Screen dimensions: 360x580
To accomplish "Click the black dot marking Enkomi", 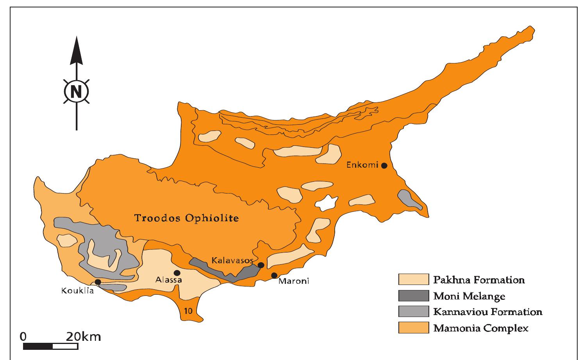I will [x=384, y=165].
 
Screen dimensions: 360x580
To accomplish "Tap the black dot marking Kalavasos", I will [x=261, y=265].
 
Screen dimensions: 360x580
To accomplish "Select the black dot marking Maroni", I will [x=274, y=276].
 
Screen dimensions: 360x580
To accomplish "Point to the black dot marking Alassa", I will [x=177, y=273].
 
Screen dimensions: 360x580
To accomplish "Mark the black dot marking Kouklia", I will [x=98, y=282].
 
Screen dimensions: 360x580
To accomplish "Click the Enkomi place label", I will [x=362, y=165].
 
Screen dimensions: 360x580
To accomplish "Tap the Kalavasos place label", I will [x=232, y=260].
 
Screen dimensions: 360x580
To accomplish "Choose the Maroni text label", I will [x=293, y=281].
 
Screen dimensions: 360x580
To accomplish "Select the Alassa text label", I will [x=168, y=280].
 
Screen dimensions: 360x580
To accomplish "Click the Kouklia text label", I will [x=78, y=291].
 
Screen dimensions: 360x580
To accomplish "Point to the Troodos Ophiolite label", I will [x=186, y=218].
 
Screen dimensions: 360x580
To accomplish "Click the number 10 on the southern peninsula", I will [x=187, y=311].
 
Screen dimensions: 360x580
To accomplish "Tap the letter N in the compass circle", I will [x=76, y=92].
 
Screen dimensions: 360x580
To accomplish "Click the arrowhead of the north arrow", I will [x=76, y=51].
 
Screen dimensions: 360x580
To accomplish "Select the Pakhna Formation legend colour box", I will [x=413, y=279].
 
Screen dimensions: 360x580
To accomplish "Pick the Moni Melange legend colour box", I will [x=413, y=296].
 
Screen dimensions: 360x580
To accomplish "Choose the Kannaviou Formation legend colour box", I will [x=413, y=312].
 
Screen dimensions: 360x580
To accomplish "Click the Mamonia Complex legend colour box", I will [x=413, y=328].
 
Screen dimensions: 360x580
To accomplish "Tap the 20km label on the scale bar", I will [x=83, y=336].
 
